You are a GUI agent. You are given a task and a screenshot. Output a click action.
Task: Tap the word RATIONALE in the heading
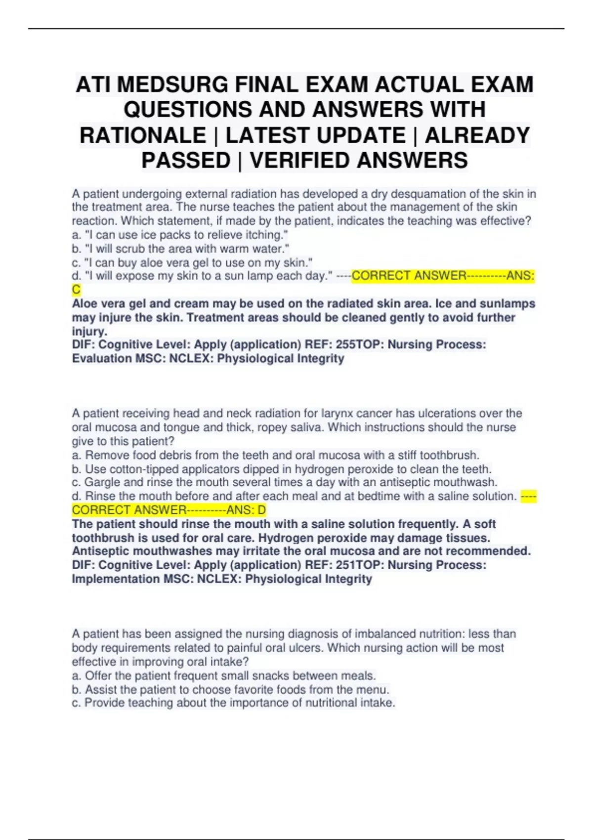(143, 135)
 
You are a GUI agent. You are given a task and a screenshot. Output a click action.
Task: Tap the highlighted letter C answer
(76, 290)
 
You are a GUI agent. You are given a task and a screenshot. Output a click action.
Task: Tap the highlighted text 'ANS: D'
(247, 510)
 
